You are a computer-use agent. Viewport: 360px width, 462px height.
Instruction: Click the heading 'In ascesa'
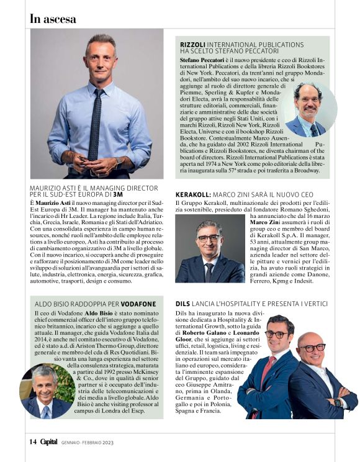tap(53, 19)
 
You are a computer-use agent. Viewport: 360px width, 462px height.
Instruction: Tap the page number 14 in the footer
tap(32, 442)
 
